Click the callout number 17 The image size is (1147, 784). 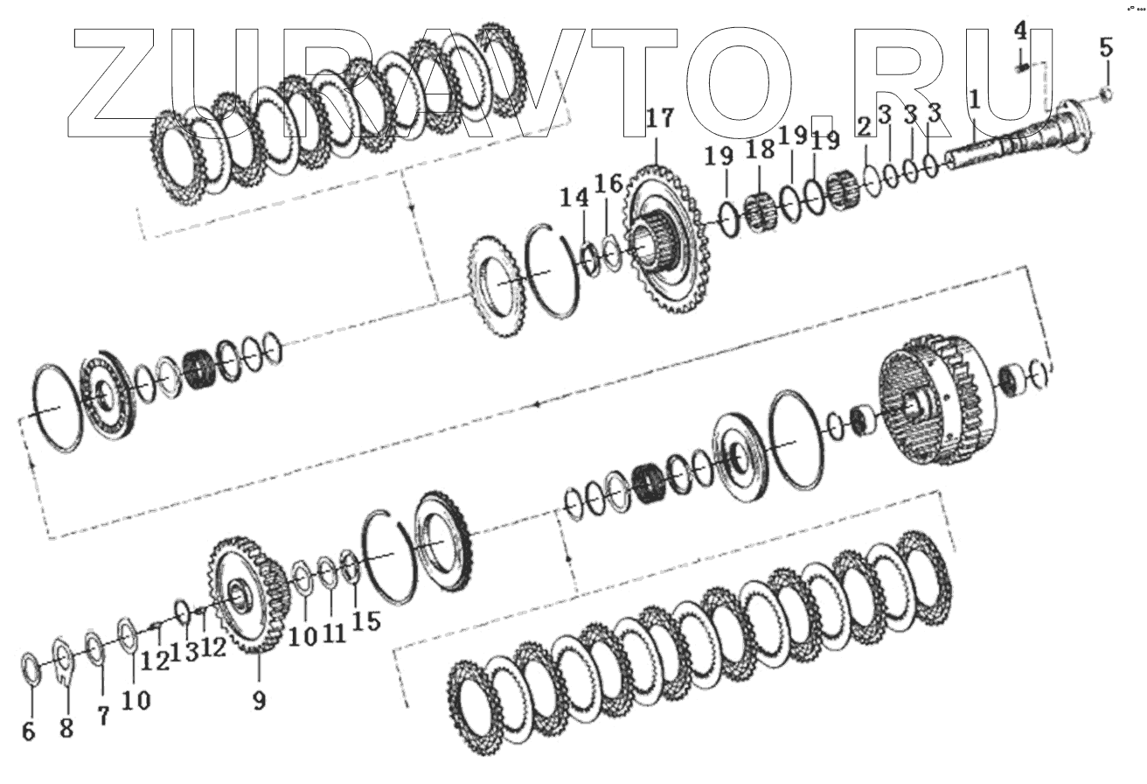659,119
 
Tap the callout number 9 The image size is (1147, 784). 260,700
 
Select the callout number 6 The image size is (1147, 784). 29,731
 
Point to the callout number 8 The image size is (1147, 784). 66,728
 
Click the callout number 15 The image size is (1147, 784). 366,621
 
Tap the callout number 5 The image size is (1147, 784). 1106,48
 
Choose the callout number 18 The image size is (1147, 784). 761,150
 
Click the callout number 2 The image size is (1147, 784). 864,126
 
